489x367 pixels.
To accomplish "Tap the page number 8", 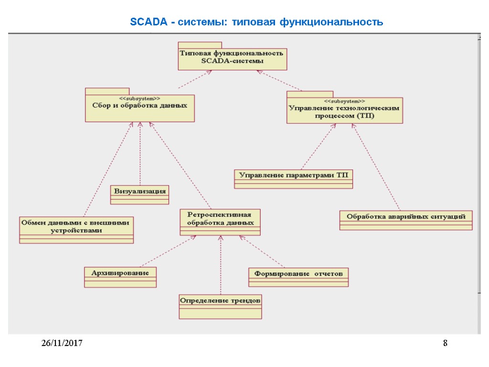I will (x=445, y=343).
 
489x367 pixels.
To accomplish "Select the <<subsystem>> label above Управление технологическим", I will (x=344, y=101).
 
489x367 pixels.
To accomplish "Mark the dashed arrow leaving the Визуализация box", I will (x=140, y=153).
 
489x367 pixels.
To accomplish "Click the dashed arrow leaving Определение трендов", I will (x=220, y=265).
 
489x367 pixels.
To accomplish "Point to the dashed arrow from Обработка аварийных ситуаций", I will (x=377, y=167).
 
